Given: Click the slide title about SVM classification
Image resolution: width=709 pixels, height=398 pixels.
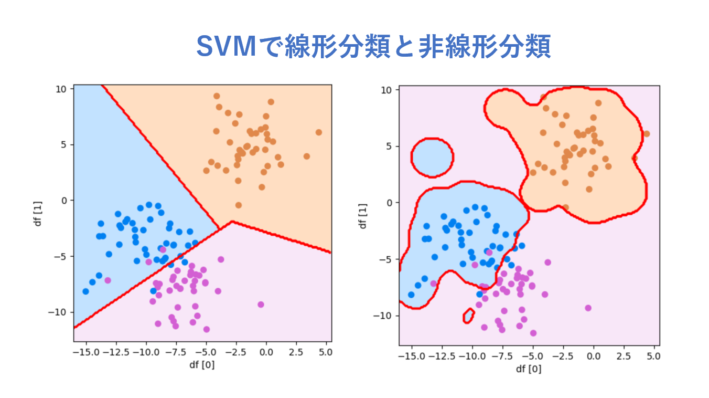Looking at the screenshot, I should (373, 47).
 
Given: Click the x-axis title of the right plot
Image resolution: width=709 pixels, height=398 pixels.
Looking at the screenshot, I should (529, 369).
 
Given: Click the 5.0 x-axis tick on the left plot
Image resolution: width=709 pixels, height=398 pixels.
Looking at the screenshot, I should (325, 351).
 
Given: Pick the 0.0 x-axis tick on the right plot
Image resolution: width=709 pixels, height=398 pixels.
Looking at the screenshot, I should (593, 355).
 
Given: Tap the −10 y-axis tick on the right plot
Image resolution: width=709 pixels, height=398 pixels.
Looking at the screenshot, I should (385, 316).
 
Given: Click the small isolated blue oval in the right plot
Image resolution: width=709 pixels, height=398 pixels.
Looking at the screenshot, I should (432, 157).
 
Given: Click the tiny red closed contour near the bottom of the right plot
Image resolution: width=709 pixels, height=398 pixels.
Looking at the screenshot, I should (469, 316).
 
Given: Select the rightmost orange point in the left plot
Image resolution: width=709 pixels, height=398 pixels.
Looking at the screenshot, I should (319, 132).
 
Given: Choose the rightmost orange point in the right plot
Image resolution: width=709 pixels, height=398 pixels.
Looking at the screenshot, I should (646, 134).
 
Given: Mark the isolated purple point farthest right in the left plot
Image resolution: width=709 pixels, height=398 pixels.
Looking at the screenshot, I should (261, 305).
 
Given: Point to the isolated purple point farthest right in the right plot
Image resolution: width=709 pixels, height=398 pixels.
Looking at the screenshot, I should (588, 308).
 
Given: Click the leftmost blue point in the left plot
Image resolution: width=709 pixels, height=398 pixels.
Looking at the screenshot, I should (85, 291).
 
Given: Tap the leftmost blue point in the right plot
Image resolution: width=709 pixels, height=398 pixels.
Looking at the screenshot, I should (412, 295).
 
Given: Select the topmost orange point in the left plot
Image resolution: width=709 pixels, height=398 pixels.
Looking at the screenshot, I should (217, 96).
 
